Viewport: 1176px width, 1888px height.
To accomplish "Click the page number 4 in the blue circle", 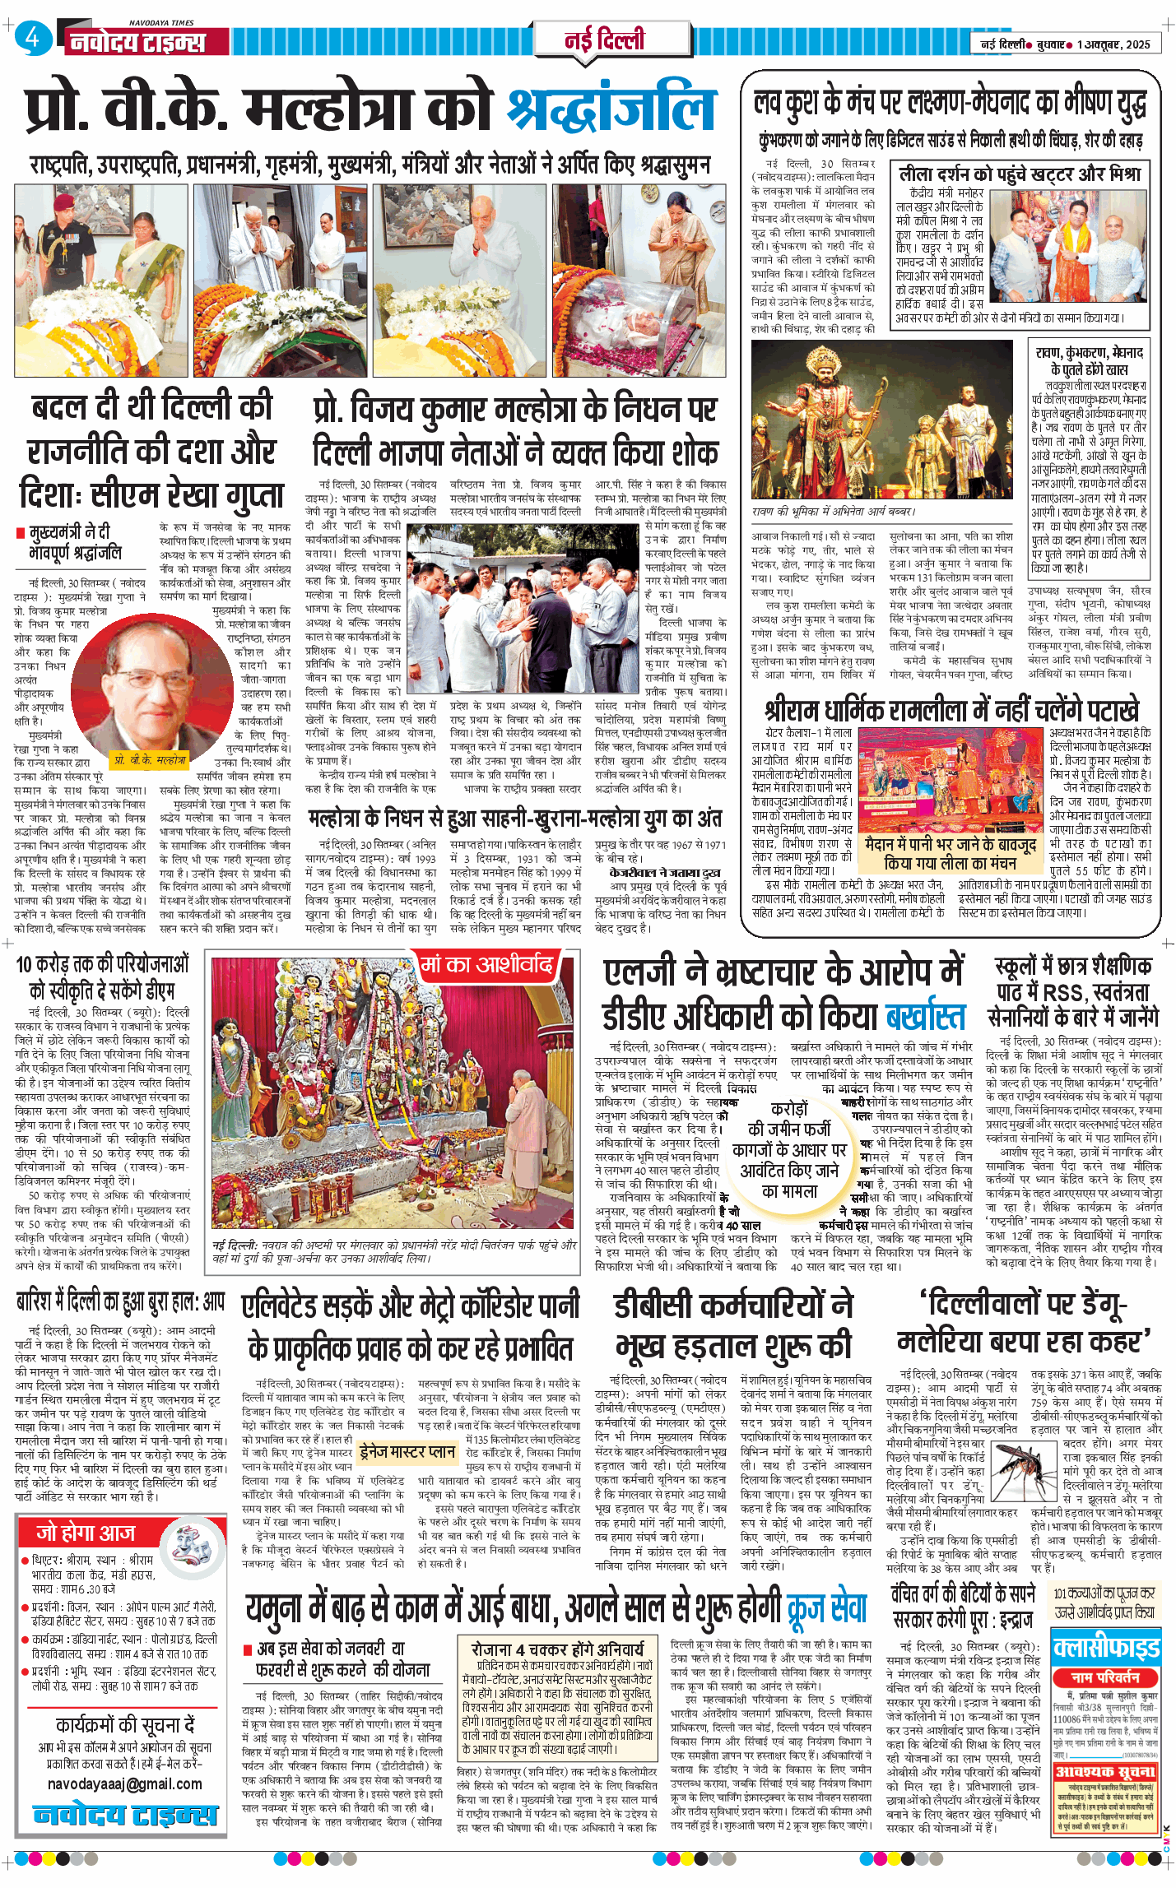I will click(x=32, y=38).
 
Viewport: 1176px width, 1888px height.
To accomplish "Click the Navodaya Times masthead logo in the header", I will click(x=137, y=41).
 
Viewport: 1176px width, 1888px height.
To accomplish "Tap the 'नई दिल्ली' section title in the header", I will click(x=605, y=39).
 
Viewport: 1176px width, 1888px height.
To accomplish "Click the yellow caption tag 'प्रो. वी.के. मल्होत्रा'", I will click(x=150, y=759).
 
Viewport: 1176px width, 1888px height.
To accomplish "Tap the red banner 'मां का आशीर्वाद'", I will click(x=486, y=964).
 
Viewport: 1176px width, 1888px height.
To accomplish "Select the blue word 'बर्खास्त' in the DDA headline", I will click(x=925, y=1018).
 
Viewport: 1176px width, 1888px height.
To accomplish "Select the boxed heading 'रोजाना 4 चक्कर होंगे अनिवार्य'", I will click(x=557, y=1649).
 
